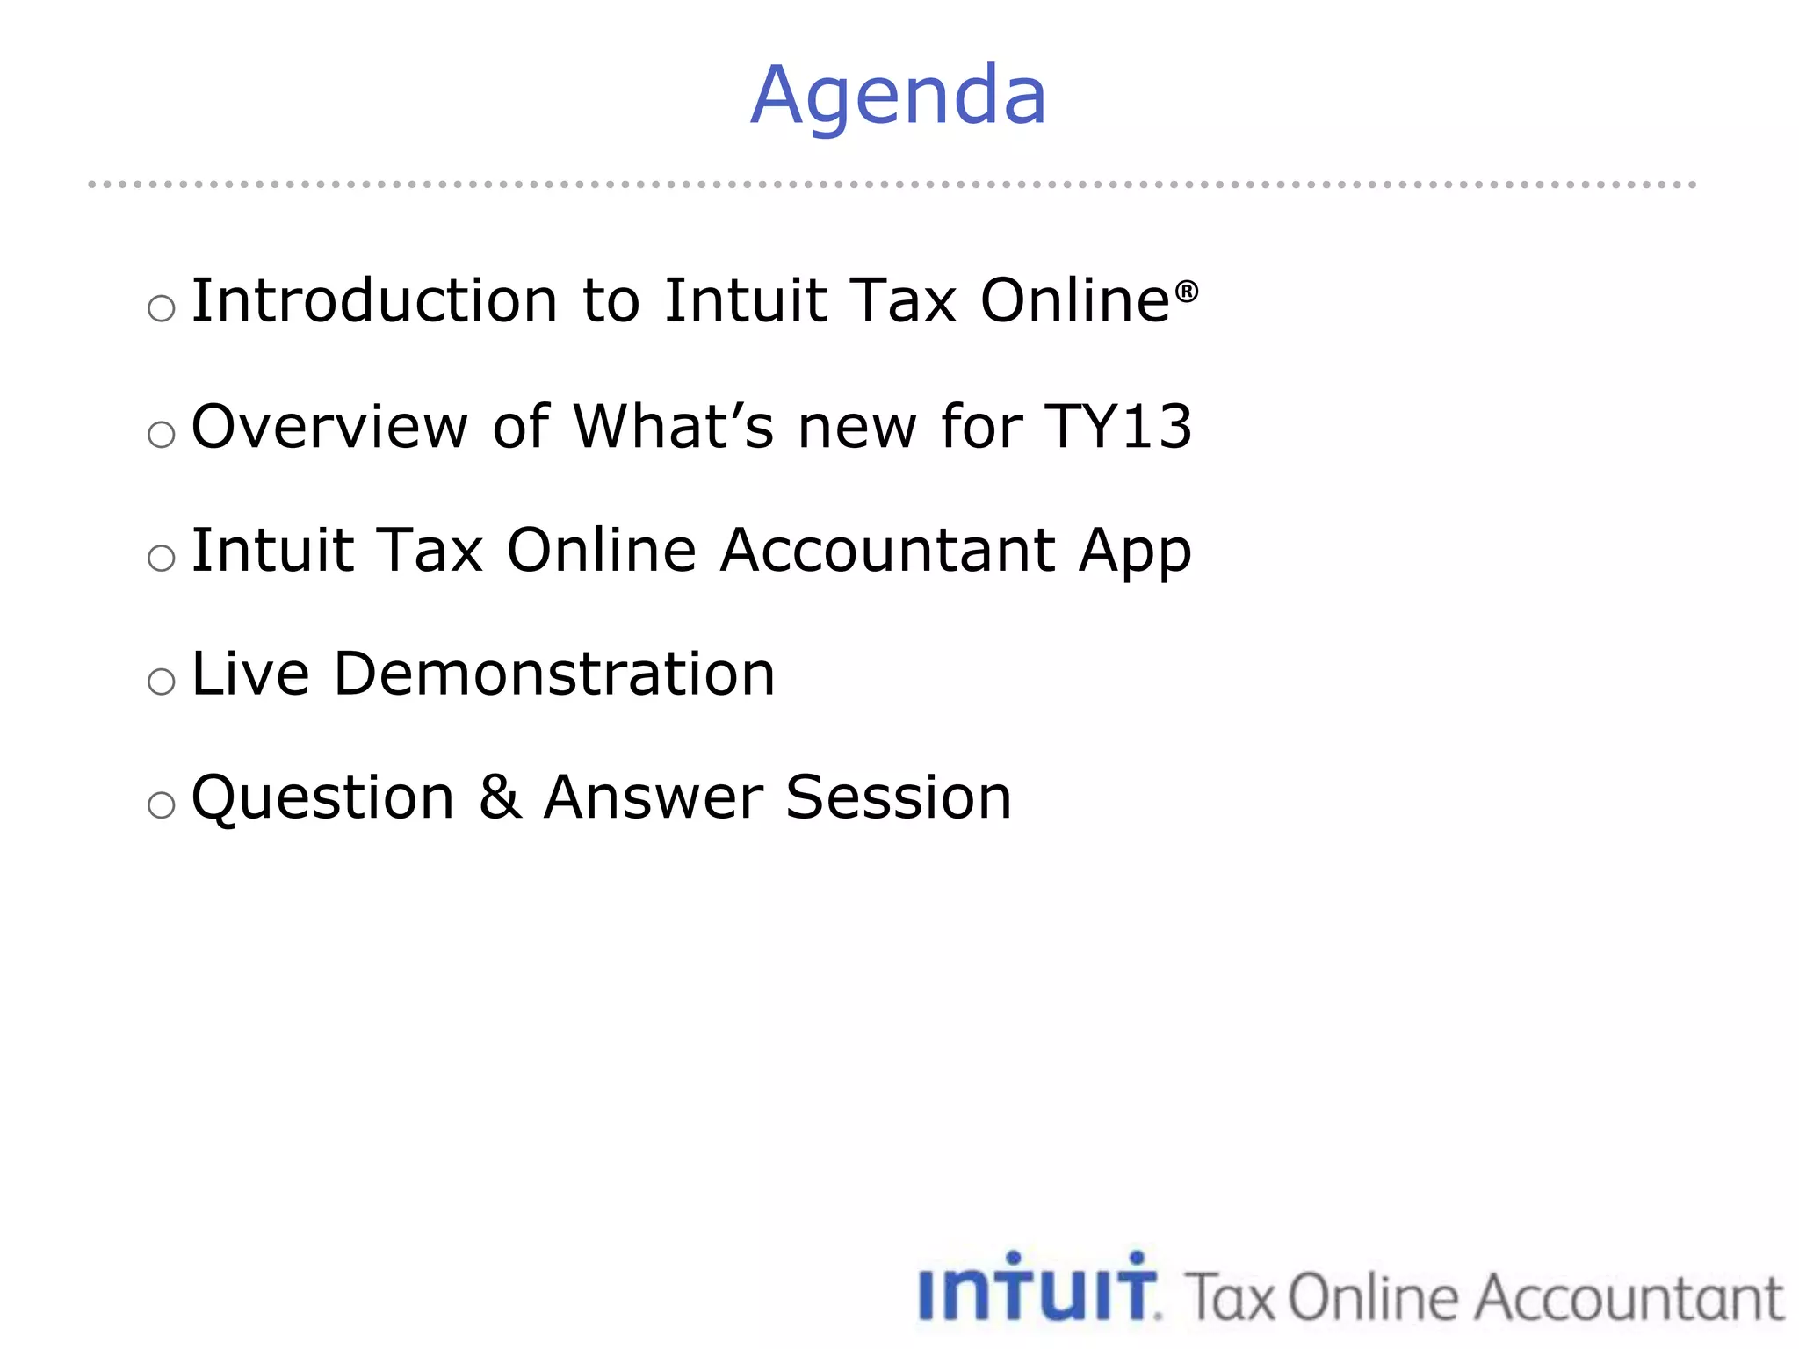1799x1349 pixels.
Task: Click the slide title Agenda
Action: [x=898, y=96]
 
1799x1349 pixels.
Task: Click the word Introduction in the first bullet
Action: [x=374, y=301]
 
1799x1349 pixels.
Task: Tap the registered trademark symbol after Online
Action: [x=1186, y=291]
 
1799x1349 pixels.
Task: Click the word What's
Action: [x=674, y=427]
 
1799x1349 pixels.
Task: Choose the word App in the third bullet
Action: [x=1135, y=552]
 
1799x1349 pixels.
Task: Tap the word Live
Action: [x=250, y=674]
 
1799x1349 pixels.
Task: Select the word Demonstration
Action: [x=554, y=674]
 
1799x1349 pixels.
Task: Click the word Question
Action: [x=322, y=799]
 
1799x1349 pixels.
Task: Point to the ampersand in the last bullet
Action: [x=500, y=798]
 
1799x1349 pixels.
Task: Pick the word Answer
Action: [x=653, y=798]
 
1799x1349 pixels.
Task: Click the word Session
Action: [x=899, y=798]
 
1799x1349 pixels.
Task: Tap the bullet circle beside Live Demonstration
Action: [x=162, y=682]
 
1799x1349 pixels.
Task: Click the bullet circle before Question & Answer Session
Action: [x=162, y=805]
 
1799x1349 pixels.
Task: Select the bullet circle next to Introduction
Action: [x=162, y=308]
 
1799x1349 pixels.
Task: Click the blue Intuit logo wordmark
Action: [x=1038, y=1288]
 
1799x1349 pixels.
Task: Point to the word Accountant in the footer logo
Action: [x=1629, y=1298]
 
